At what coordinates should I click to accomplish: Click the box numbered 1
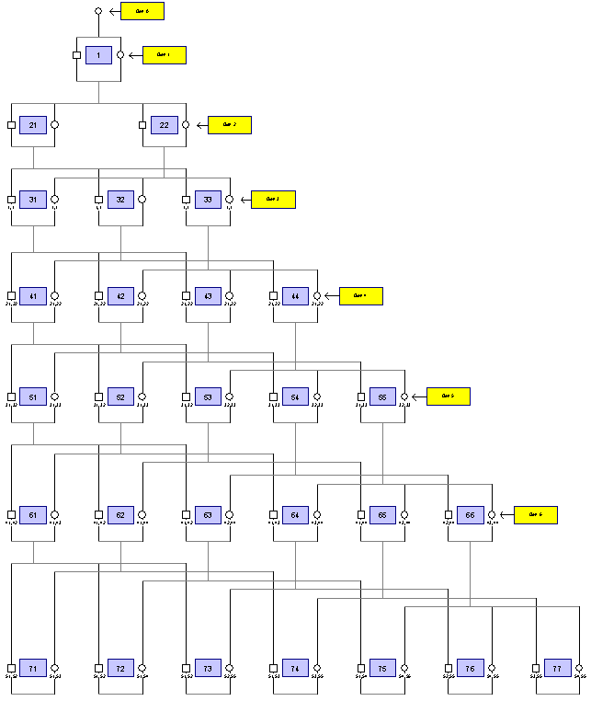(x=98, y=55)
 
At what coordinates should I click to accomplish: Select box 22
(x=165, y=125)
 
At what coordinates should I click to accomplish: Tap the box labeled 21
(x=33, y=125)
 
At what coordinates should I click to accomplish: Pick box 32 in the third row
(x=120, y=200)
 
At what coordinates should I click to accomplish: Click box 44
(x=295, y=296)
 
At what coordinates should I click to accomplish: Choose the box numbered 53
(x=208, y=396)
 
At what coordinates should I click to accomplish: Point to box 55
(x=382, y=396)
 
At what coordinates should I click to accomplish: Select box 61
(x=33, y=515)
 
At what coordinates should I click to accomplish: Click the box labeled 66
(x=470, y=515)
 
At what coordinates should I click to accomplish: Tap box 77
(x=557, y=668)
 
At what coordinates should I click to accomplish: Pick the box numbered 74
(x=295, y=668)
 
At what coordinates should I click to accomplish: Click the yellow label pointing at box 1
(x=165, y=55)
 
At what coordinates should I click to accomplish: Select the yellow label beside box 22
(x=230, y=125)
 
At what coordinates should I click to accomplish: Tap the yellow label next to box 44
(x=360, y=296)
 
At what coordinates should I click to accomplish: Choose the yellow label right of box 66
(x=535, y=515)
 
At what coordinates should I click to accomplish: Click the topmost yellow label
(x=142, y=11)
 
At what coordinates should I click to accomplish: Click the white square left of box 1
(x=76, y=55)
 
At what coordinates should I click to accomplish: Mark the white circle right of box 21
(x=55, y=125)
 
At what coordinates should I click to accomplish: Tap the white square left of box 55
(x=361, y=396)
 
